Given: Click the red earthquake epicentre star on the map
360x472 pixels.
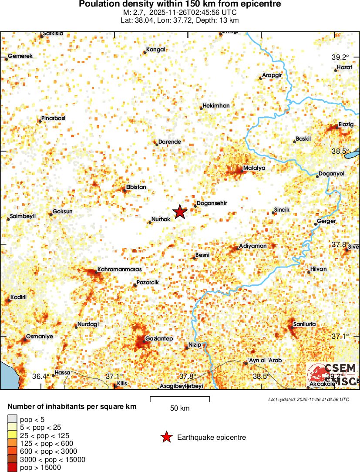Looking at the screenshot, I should [180, 212].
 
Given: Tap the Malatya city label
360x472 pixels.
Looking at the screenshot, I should [254, 168].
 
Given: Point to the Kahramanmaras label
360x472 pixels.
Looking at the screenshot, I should [119, 270].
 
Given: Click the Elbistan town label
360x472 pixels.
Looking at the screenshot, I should [136, 187].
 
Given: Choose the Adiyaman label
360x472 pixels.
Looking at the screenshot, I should [253, 246].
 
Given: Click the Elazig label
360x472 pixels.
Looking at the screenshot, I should [346, 125].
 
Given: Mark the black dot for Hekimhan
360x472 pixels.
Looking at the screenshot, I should [201, 108].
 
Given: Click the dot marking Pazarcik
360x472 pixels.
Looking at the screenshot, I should [135, 285].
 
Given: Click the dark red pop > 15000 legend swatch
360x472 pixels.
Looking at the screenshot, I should [12, 468].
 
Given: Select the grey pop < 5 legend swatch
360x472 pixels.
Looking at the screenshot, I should [12, 420].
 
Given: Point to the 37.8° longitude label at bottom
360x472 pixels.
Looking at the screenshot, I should [188, 376].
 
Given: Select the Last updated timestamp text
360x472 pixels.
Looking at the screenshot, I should [309, 399].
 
